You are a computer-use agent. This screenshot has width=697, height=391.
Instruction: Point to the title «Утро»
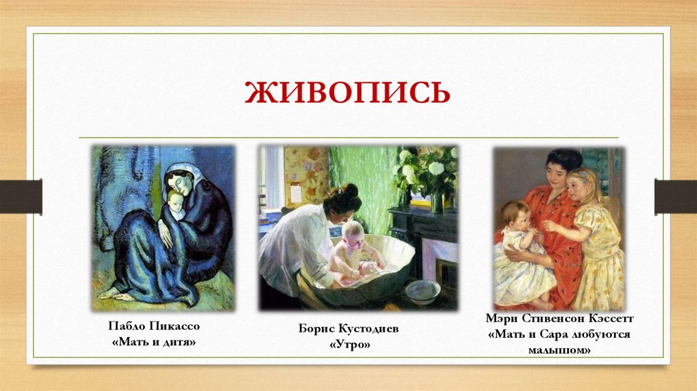[x=348, y=345]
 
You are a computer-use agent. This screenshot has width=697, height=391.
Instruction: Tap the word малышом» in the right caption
[x=559, y=350]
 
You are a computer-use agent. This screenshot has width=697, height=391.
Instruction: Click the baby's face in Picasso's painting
[x=175, y=200]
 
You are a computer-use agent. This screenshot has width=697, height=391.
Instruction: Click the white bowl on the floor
[x=423, y=291]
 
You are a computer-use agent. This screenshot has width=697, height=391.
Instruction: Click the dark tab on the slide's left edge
[x=21, y=196]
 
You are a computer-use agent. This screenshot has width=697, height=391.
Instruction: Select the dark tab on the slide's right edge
[x=675, y=196]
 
